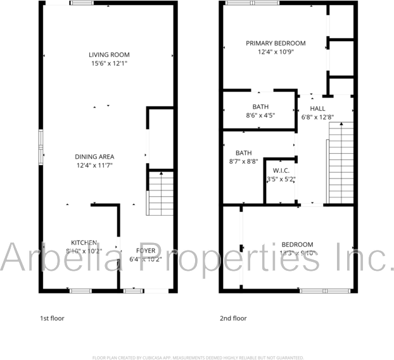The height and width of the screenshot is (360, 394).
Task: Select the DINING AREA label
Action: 94,156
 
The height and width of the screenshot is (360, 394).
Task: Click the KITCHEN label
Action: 84,242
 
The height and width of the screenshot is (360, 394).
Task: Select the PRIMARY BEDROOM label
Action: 276,43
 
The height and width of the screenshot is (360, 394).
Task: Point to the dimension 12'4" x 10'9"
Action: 276,52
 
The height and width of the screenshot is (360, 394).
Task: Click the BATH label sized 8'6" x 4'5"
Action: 260,107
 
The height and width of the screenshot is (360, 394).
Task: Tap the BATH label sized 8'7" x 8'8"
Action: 244,153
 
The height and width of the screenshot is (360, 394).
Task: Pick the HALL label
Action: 317,109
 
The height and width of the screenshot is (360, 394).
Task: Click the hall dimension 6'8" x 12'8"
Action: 317,117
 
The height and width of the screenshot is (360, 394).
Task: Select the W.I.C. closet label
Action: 281,171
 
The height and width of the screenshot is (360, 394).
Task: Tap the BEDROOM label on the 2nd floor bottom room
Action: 297,245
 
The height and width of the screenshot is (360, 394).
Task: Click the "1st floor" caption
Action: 52,318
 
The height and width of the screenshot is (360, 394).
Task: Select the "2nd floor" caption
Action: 234,318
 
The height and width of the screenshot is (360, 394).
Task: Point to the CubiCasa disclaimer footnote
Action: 198,357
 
